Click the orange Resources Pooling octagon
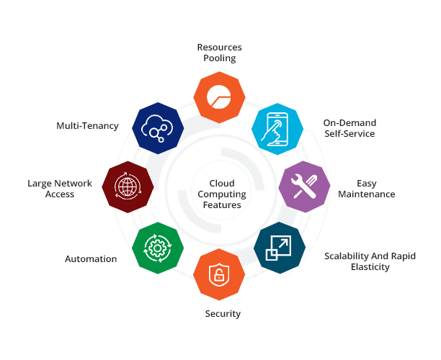coord(220,96)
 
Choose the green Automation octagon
coord(159,248)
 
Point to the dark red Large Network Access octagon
coord(128,188)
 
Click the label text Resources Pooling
coord(220,53)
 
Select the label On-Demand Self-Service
coord(349,128)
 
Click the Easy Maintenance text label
coord(376,189)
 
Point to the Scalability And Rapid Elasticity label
coord(370,261)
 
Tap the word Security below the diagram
coord(222,314)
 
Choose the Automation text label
coord(91,259)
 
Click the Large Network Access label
coord(60,189)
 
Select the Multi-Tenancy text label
coord(87,126)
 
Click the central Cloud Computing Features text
coord(222,194)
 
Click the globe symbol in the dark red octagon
coord(128,188)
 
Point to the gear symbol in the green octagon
coord(159,248)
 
